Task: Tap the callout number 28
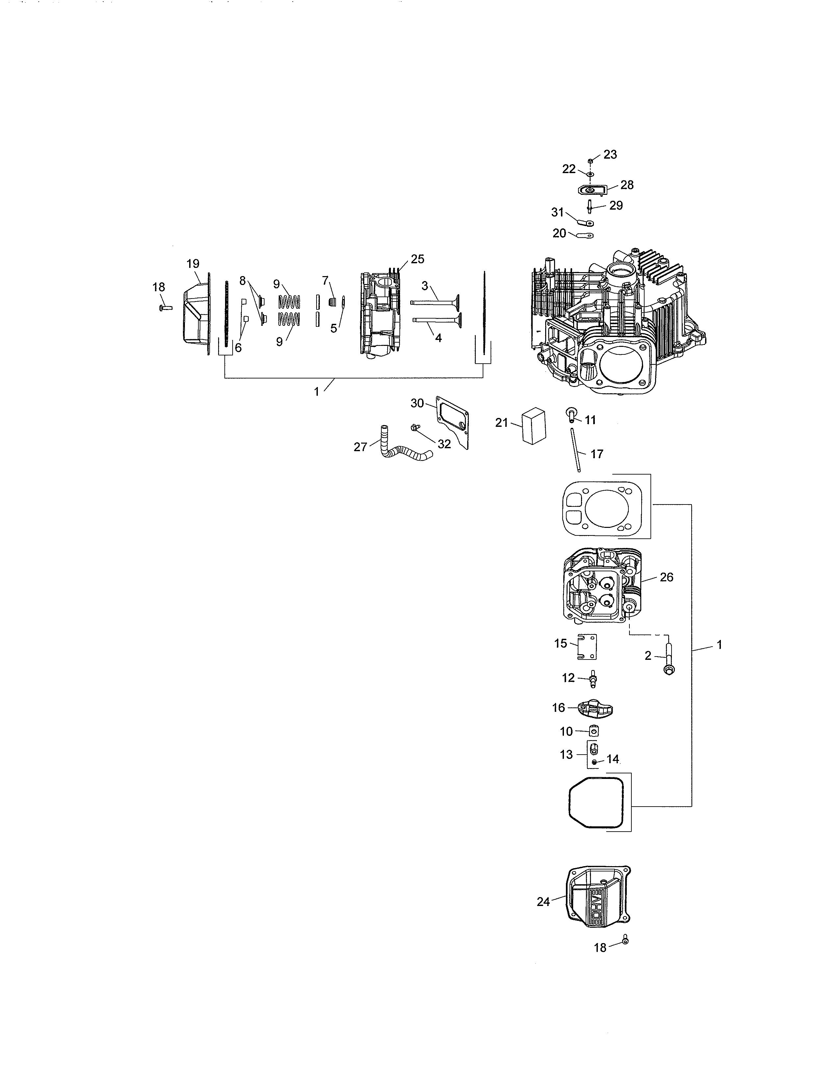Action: click(627, 185)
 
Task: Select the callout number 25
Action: click(418, 259)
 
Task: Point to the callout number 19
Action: click(193, 264)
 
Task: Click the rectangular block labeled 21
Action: click(534, 426)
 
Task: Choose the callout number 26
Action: click(667, 577)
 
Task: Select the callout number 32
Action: click(444, 444)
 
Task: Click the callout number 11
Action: click(590, 420)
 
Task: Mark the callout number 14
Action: click(612, 759)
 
